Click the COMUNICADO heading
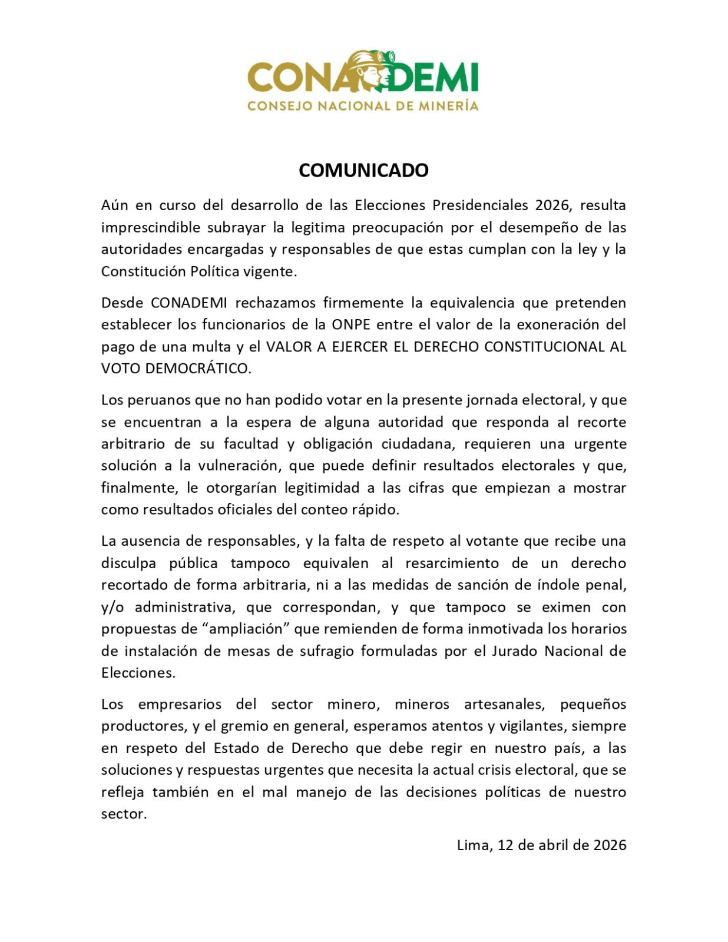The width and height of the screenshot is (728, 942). click(x=363, y=170)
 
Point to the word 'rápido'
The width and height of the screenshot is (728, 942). click(x=378, y=509)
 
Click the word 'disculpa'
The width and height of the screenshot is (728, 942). click(x=128, y=563)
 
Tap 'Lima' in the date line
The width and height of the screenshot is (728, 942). click(x=472, y=845)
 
